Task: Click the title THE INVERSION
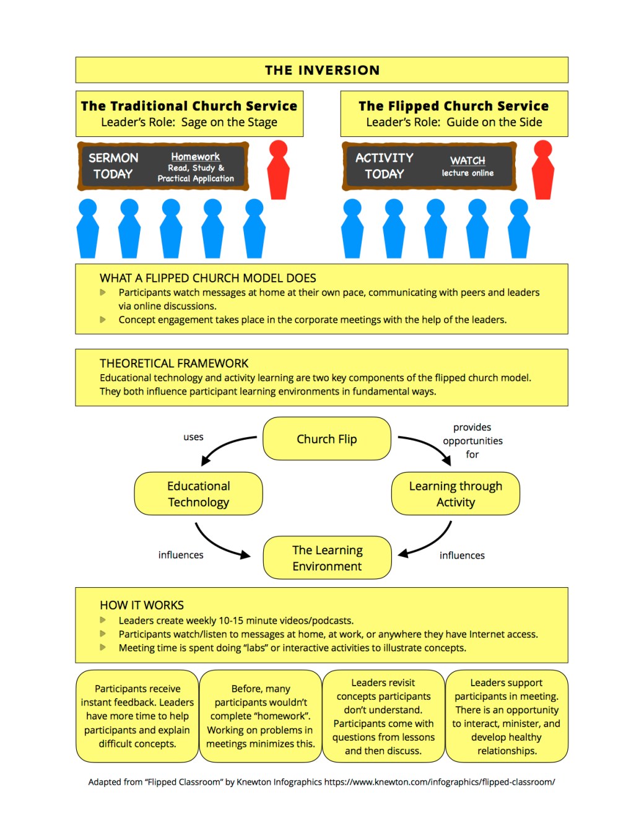coord(322,70)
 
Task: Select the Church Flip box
coord(326,438)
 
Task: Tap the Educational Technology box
coord(198,494)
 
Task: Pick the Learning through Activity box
coord(455,494)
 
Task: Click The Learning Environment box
coord(327,557)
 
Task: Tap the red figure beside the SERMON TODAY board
coord(278,170)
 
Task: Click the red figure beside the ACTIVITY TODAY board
coord(542,170)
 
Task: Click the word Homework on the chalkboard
coord(195,157)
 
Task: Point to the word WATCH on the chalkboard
coord(468,160)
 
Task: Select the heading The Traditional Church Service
coord(189,106)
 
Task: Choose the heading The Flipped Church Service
coord(453,106)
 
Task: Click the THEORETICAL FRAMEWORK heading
coord(174,363)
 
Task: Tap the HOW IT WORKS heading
coord(142,604)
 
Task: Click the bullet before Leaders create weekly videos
coord(103,620)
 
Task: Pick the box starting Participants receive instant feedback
coord(137,716)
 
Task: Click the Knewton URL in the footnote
coord(440,782)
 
